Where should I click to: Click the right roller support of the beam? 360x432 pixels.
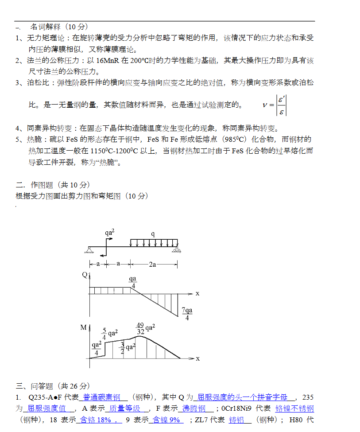pos(177,250)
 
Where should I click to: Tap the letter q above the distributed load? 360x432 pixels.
pos(153,234)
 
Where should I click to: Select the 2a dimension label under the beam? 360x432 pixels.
pos(152,265)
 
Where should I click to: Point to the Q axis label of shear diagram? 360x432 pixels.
pos(85,275)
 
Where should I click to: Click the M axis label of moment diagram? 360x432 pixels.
pos(84,328)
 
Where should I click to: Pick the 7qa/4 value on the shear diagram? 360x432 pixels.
pos(187,314)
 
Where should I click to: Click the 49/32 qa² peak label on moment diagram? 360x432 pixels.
pos(146,328)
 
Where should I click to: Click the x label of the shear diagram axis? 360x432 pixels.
pos(197,293)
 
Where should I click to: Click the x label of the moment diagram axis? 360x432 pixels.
pos(197,358)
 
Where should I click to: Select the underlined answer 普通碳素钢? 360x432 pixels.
pos(102,397)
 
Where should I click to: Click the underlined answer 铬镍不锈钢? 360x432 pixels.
pos(294,408)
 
